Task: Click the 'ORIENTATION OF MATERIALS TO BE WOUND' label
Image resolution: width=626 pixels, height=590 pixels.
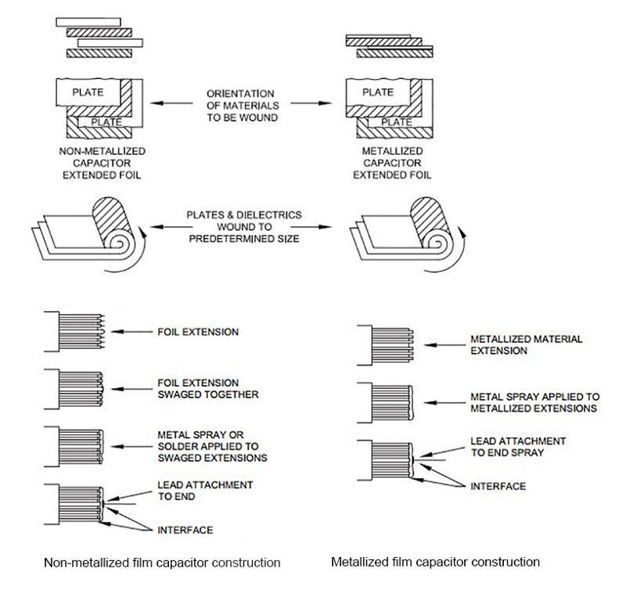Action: [243, 106]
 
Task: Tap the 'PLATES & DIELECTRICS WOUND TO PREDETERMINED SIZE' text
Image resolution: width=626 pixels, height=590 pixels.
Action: [244, 227]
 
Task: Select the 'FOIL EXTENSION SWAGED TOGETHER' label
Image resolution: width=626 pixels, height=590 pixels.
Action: [207, 388]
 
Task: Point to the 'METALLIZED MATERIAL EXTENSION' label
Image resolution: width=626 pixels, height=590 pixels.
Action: [526, 345]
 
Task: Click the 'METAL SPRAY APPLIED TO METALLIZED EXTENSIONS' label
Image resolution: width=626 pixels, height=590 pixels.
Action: [535, 402]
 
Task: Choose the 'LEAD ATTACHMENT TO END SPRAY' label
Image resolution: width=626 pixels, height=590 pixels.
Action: [518, 447]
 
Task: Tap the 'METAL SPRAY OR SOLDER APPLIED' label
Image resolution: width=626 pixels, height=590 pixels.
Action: [212, 446]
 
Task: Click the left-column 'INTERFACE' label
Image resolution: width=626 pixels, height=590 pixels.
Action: [185, 530]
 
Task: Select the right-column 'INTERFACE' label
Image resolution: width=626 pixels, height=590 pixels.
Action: [498, 486]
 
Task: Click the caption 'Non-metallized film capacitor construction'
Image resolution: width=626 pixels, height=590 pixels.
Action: [162, 563]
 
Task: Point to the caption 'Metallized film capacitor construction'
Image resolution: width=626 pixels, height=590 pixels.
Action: [435, 562]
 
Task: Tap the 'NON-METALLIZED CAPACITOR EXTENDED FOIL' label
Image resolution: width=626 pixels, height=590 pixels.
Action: [103, 163]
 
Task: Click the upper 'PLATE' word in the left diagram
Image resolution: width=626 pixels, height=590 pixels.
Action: [88, 92]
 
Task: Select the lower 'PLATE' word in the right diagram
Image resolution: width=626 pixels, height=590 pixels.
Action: [397, 122]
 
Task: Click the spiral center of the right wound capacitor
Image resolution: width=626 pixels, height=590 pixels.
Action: [437, 243]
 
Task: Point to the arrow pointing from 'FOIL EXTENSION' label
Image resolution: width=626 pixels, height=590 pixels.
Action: [131, 332]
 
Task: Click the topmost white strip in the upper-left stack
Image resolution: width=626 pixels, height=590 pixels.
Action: [88, 22]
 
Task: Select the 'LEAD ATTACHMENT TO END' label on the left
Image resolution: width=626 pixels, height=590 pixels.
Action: [205, 491]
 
